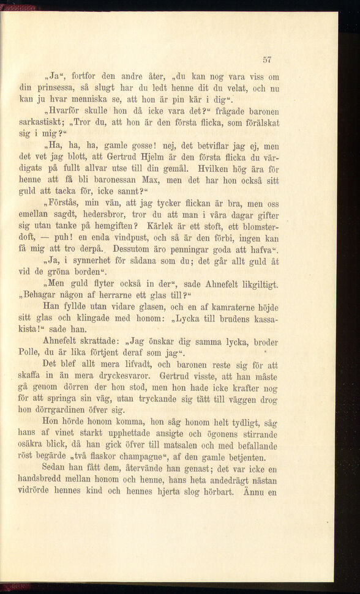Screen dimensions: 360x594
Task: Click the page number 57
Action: point(266,59)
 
